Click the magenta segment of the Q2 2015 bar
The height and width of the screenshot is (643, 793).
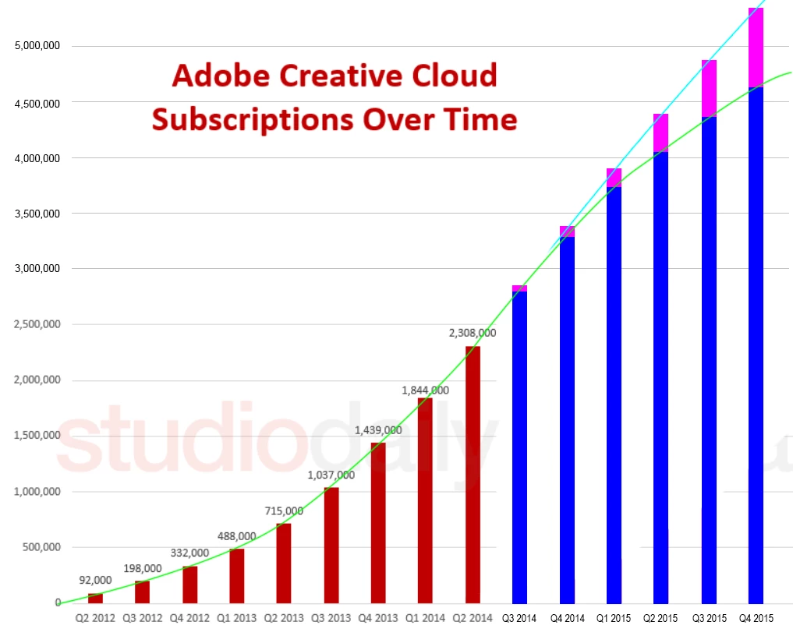click(x=661, y=132)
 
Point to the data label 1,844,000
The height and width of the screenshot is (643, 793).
click(x=425, y=390)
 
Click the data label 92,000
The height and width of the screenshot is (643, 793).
click(x=95, y=580)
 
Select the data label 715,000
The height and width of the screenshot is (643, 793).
click(x=284, y=511)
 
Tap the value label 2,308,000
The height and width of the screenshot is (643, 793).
click(x=473, y=333)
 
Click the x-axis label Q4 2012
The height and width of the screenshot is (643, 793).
click(x=189, y=618)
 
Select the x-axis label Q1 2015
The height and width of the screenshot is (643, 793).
click(x=614, y=618)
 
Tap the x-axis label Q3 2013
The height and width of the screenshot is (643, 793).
click(x=331, y=618)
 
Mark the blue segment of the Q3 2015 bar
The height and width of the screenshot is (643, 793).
click(x=709, y=359)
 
